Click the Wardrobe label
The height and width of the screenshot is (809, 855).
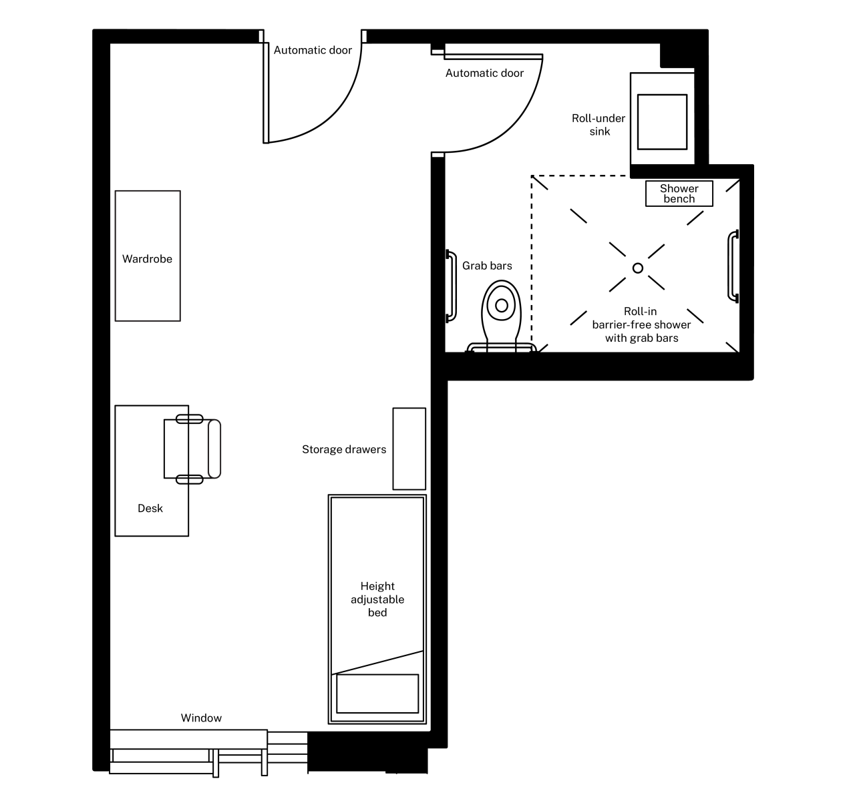147,259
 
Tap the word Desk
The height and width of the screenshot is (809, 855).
150,509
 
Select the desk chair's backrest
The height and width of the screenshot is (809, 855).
214,449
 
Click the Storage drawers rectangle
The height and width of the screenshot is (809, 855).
409,449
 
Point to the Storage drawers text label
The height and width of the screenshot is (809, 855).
343,450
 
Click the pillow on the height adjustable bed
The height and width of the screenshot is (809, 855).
377,694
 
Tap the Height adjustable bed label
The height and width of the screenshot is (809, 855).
377,599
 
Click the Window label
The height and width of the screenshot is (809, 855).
201,718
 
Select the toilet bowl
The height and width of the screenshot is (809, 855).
501,306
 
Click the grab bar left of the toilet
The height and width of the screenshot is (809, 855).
451,286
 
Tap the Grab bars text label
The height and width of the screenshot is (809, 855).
487,266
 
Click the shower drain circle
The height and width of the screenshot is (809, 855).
638,268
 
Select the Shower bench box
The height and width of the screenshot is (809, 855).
679,194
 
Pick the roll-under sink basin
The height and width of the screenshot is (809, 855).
662,121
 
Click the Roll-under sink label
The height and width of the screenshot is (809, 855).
598,125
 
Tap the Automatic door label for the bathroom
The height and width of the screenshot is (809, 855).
484,73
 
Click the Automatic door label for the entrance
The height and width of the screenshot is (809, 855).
313,50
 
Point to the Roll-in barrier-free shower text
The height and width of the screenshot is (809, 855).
641,325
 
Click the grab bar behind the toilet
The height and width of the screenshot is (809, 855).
502,348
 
